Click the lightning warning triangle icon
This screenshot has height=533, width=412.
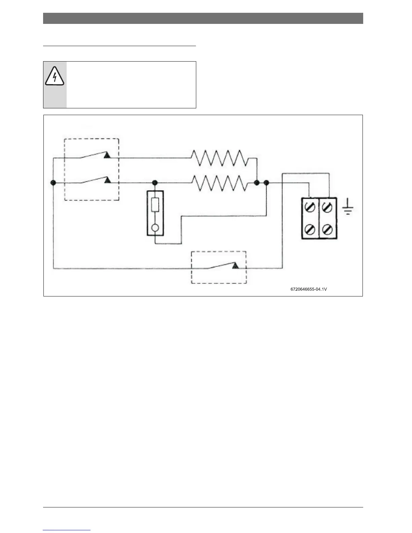point(54,76)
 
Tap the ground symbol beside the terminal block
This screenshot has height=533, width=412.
point(348,208)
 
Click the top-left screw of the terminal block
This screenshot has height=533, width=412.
point(310,207)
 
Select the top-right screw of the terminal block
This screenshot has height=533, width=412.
point(327,207)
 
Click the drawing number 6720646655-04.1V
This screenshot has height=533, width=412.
point(309,289)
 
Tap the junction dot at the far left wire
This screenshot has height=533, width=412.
point(53,183)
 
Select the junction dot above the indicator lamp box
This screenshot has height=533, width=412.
point(155,183)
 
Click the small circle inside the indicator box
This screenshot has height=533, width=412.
point(155,228)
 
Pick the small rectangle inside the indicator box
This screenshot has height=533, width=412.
point(155,205)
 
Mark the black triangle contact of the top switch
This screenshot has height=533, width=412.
point(107,155)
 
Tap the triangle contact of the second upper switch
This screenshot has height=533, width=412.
point(107,180)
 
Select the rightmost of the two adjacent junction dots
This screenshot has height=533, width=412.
point(267,183)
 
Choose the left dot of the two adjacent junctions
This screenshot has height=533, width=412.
point(256,183)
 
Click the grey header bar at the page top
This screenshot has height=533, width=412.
point(203,19)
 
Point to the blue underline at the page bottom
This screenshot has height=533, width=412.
point(67,530)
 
